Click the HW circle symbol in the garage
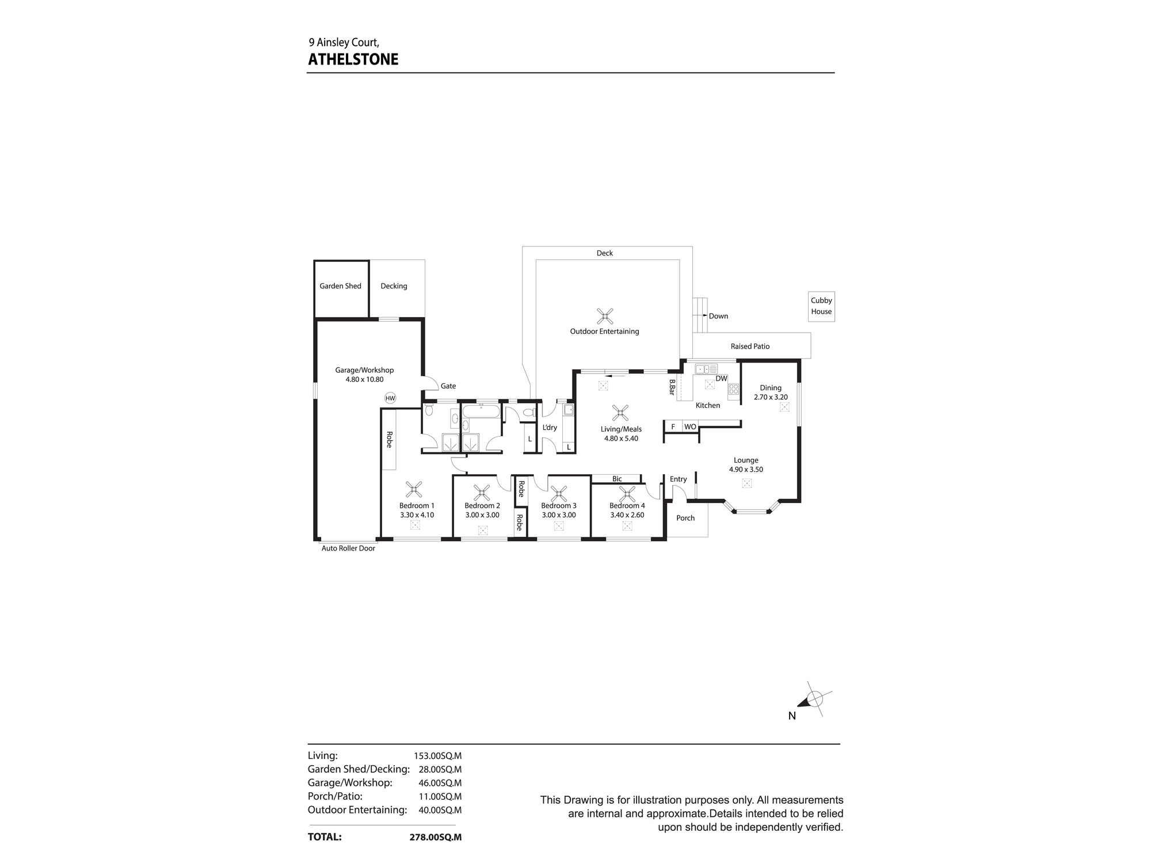(390, 398)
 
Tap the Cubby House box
(821, 306)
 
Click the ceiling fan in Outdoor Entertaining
(605, 316)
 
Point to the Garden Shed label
(341, 286)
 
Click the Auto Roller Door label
(348, 548)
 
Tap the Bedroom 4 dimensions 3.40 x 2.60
(627, 515)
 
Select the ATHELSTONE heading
(353, 59)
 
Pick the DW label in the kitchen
(722, 379)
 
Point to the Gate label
(448, 386)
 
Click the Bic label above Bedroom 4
(617, 479)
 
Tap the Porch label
(685, 518)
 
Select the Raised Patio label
(750, 346)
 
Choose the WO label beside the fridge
(690, 427)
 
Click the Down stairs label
(718, 316)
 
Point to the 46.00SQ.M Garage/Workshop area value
(440, 783)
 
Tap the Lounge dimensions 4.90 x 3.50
(746, 469)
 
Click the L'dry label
(550, 427)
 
